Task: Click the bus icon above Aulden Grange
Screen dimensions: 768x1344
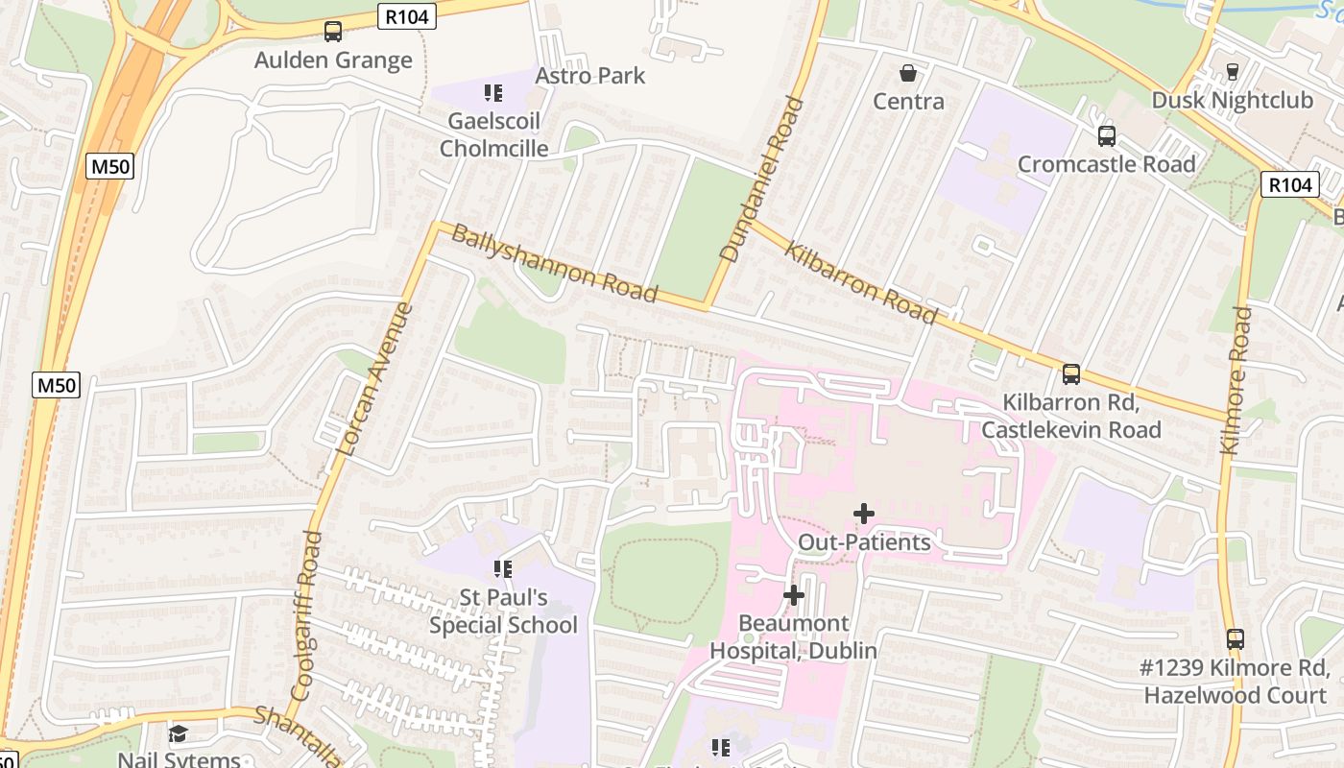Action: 333,32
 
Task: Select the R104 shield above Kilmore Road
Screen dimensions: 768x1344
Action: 1291,184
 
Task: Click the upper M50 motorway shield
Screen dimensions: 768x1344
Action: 111,166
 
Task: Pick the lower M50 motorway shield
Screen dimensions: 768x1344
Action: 57,386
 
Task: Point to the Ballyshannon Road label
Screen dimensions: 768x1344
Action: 554,263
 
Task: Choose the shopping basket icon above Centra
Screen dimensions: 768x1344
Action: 907,73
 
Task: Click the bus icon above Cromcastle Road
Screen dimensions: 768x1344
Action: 1107,135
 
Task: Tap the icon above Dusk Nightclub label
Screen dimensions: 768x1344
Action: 1233,72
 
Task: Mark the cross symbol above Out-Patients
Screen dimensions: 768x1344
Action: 864,514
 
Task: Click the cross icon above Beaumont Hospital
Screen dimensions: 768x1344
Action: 793,595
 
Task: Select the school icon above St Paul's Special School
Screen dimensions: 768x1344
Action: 502,569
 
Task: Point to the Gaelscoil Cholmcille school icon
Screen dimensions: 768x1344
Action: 493,93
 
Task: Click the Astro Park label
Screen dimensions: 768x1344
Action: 589,75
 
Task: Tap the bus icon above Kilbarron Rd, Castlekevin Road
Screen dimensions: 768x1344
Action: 1071,373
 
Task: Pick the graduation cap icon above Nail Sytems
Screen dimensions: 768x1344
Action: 179,734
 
